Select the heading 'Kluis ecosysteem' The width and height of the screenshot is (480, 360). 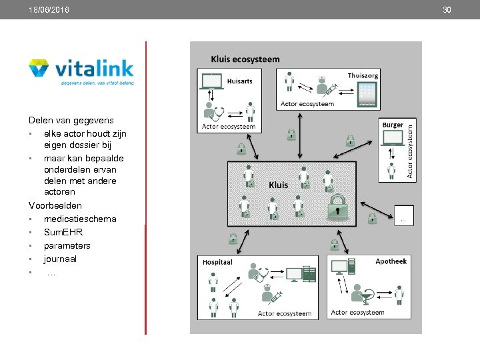pos(245,59)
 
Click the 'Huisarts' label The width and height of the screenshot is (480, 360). pos(240,81)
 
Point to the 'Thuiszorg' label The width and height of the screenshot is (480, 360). pos(363,75)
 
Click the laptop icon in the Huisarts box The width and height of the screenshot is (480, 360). pos(212,81)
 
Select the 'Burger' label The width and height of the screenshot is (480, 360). pos(393,125)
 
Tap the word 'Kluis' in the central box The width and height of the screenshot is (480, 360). pos(279,184)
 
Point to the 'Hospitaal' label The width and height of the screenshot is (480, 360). pos(217,263)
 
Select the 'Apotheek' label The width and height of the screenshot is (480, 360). pos(391,261)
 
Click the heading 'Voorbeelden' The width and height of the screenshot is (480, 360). pos(55,205)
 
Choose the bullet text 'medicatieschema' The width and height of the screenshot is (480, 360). pos(80,219)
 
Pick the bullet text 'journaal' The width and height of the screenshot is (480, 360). pos(60,259)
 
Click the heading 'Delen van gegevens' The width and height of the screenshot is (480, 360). pos(71,120)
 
